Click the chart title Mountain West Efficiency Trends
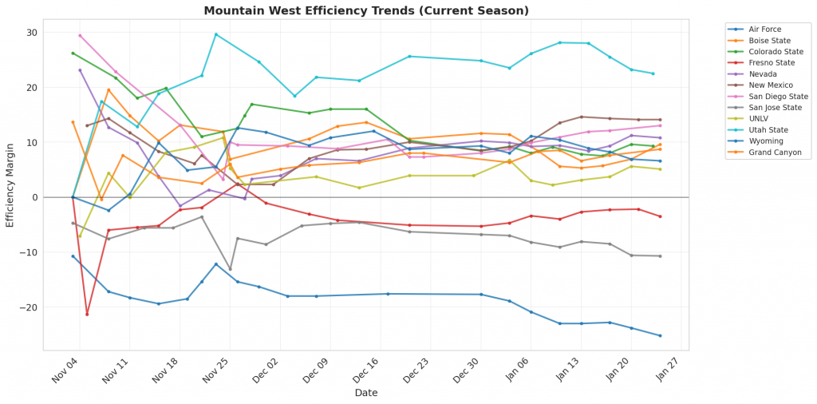point(366,11)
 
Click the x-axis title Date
point(366,393)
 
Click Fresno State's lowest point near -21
point(87,314)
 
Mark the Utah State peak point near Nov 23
point(215,34)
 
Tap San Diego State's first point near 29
point(80,35)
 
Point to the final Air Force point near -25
point(660,335)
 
